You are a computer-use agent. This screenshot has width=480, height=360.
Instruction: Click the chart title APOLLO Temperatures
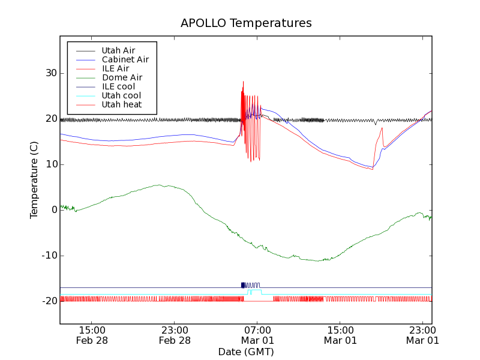coord(246,23)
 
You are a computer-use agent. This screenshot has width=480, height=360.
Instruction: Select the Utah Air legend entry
coord(118,50)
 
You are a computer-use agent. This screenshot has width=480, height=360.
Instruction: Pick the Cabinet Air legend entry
coord(125,59)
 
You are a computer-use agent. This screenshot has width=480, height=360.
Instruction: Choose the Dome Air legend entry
coord(122,77)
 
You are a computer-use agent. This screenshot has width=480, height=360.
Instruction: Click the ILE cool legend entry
coord(118,86)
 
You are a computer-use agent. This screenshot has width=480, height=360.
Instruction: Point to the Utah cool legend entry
coord(121,95)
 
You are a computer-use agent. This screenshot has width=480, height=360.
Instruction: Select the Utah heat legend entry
coord(121,104)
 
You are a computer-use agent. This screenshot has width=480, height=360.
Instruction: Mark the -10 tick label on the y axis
coord(47,256)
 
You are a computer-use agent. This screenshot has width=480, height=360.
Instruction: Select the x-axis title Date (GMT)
coord(246,351)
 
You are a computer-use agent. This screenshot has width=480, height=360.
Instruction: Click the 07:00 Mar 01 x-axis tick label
coord(257,335)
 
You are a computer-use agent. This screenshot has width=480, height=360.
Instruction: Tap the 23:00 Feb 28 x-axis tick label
coord(175,335)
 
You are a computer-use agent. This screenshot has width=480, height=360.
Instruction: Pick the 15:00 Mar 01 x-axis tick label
coord(340,335)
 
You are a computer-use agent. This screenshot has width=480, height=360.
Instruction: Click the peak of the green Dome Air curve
coord(158,185)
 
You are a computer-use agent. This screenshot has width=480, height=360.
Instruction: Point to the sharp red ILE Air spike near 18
coord(382,128)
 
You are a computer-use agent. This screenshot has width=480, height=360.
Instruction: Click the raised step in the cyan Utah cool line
coord(256,290)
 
